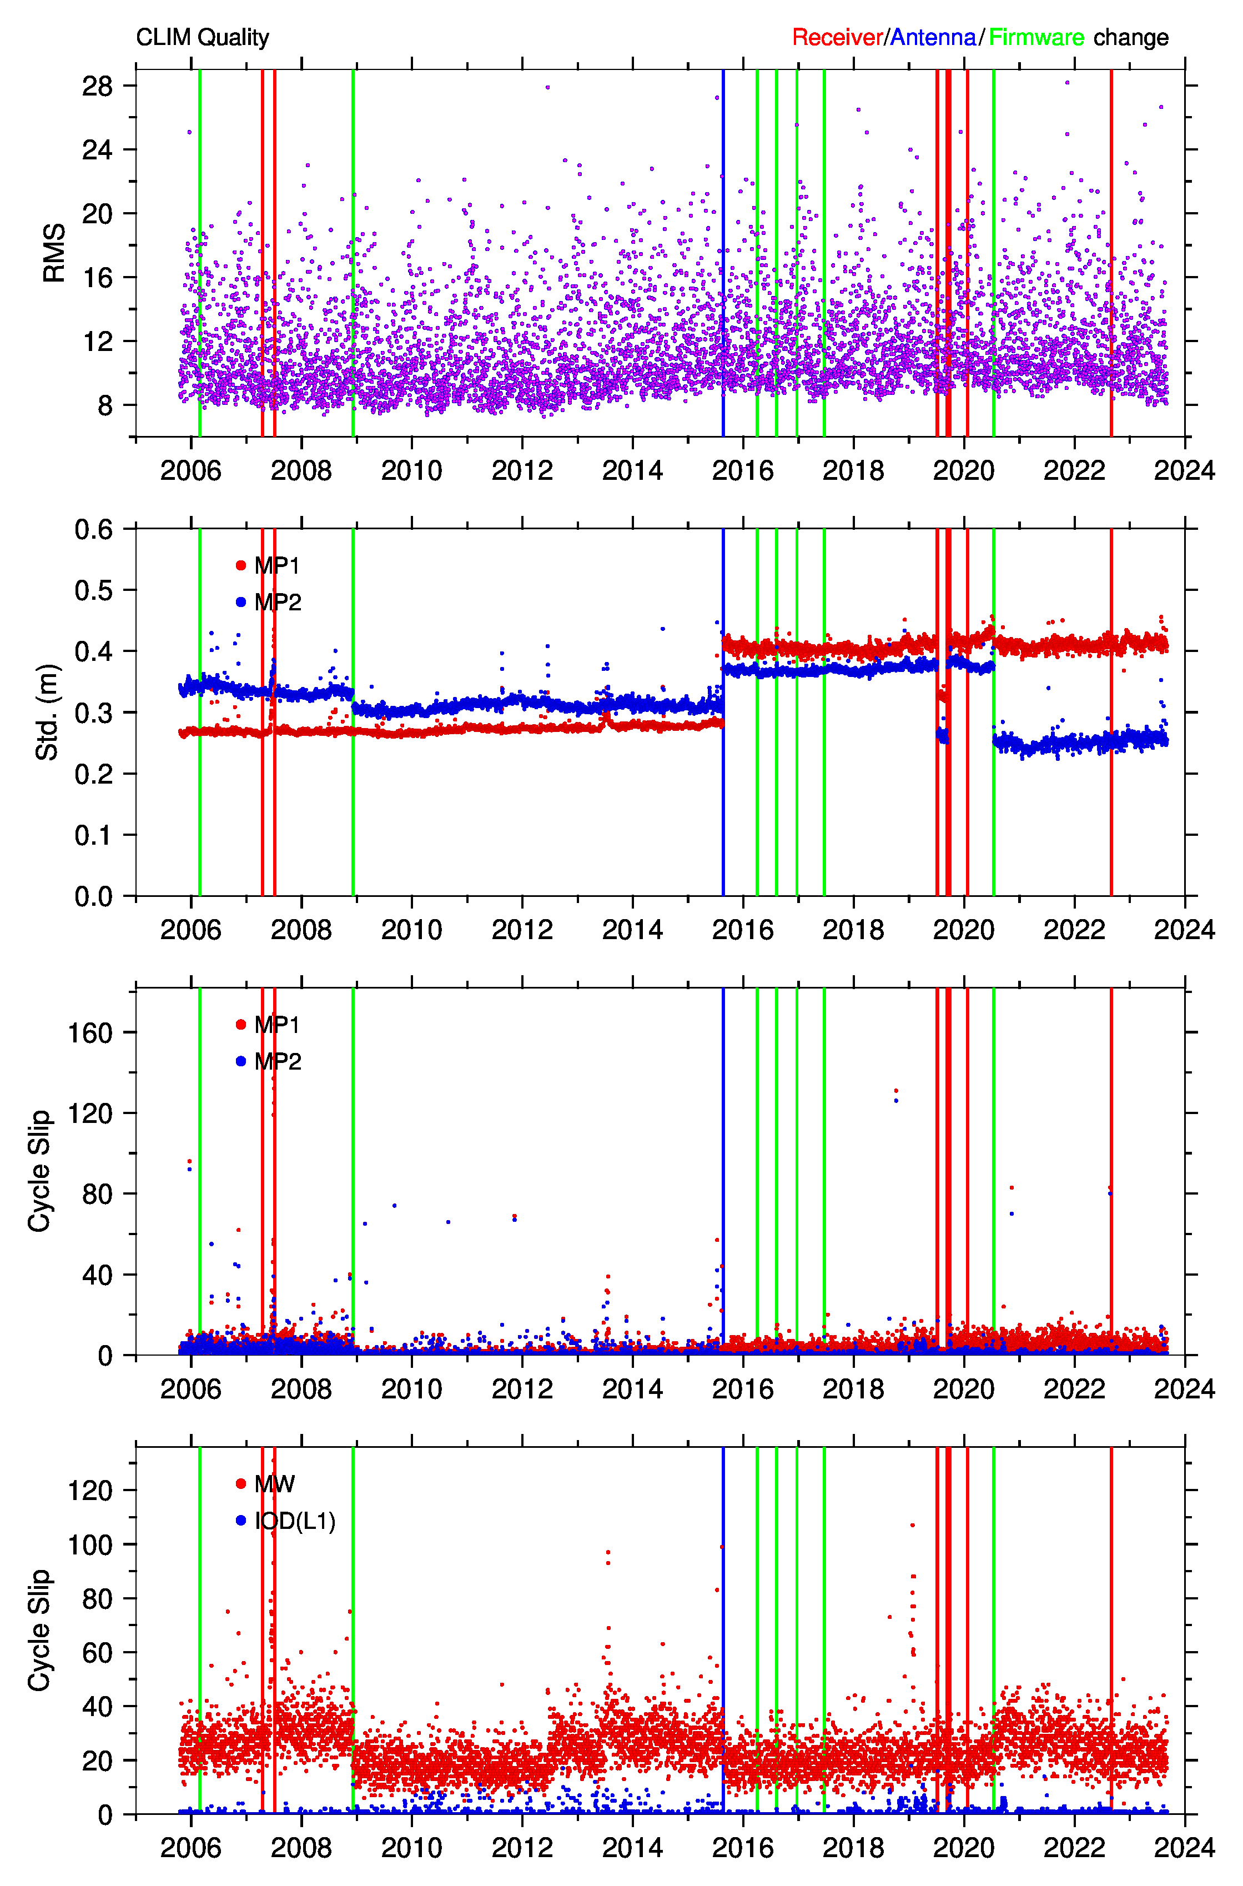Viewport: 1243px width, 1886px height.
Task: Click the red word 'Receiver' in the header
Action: coord(837,37)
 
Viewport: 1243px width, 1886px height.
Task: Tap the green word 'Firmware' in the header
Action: coord(1036,37)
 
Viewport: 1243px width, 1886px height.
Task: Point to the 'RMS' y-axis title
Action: coord(54,253)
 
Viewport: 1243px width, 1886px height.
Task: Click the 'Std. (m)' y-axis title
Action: coord(47,712)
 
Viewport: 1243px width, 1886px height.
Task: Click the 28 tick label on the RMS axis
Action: coord(98,86)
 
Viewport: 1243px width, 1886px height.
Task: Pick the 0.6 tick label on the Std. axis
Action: coord(93,529)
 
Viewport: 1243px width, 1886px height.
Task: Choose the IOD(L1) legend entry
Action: coord(285,1521)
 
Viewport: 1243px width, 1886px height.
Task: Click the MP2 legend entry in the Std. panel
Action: coord(269,603)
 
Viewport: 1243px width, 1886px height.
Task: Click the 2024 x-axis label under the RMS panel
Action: coord(1184,470)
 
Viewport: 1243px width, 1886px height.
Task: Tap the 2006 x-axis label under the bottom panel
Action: coord(191,1847)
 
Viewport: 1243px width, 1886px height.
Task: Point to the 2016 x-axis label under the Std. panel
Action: coord(743,929)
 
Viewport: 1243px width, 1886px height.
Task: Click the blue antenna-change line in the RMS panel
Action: coord(723,253)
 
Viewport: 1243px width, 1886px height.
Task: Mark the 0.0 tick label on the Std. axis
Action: coord(93,896)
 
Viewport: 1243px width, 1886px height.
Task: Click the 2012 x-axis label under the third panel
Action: coord(522,1388)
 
